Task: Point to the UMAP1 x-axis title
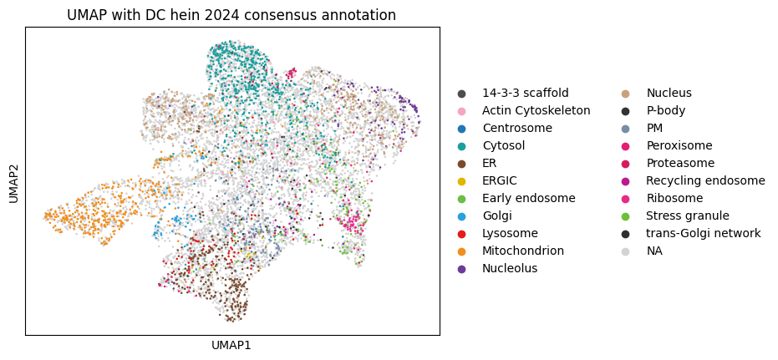coord(231,345)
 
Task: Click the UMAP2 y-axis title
coord(13,181)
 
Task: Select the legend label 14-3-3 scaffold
coord(525,93)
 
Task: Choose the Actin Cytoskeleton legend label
coord(536,110)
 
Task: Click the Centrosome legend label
coord(516,128)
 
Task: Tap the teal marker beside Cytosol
coord(461,145)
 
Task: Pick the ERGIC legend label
coord(499,180)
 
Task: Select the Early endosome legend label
coord(528,198)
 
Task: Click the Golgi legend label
coord(498,215)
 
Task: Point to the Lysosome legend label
coord(510,233)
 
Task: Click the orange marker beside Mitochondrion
coord(461,251)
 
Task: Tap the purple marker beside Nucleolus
coord(461,268)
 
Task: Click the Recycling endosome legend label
coord(705,180)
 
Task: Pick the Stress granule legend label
coord(687,215)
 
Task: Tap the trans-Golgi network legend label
coord(703,233)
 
